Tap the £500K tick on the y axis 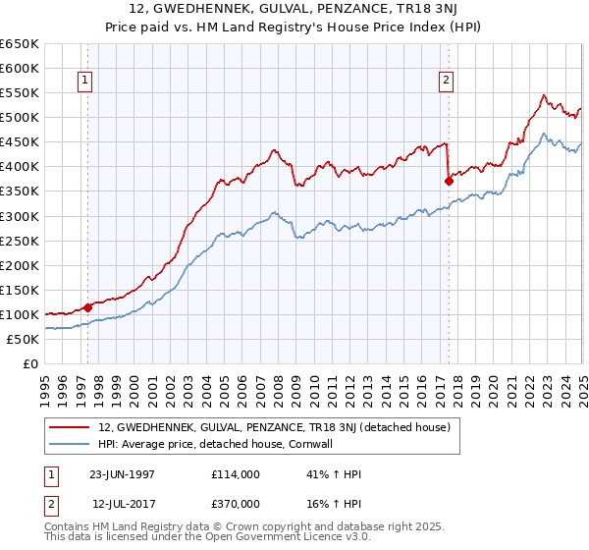[20, 117]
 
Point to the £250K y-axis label [20, 241]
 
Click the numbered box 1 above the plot [87, 82]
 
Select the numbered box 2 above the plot [446, 82]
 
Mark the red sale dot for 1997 [88, 307]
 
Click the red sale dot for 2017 [449, 181]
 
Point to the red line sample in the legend [69, 427]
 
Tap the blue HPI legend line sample [69, 444]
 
